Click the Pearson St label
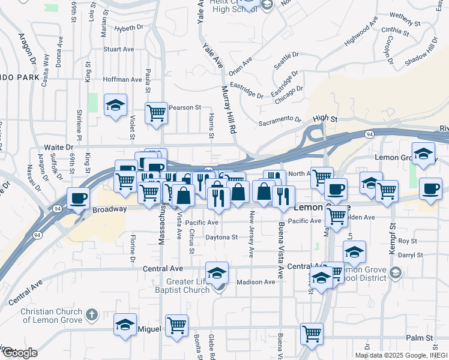click(x=185, y=107)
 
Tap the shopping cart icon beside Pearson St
click(x=156, y=112)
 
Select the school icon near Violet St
click(x=115, y=106)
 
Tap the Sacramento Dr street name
click(x=280, y=121)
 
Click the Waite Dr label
click(x=58, y=147)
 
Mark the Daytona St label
click(x=222, y=237)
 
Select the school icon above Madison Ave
click(x=217, y=273)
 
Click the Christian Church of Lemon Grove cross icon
click(x=91, y=314)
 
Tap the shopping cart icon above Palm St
click(x=312, y=333)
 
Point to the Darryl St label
click(x=411, y=255)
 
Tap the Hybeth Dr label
click(x=129, y=28)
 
